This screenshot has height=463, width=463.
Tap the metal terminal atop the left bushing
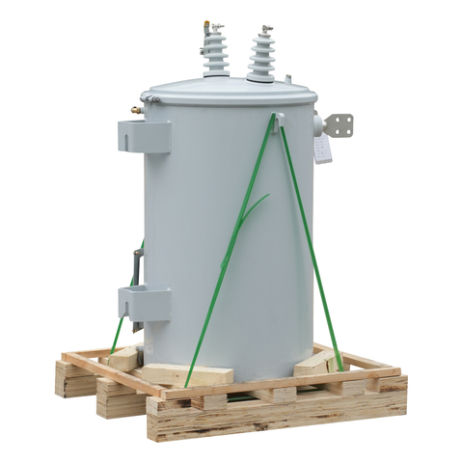pyautogui.click(x=209, y=28)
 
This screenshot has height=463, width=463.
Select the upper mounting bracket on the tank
pyautogui.click(x=145, y=135)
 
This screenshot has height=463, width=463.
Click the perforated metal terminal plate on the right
pyautogui.click(x=339, y=124)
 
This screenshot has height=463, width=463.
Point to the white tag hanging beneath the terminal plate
pyautogui.click(x=323, y=148)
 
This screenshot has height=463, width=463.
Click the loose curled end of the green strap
pyautogui.click(x=254, y=208)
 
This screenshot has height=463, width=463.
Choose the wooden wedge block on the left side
pyautogui.click(x=123, y=358)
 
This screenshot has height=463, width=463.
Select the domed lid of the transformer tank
pyautogui.click(x=229, y=95)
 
